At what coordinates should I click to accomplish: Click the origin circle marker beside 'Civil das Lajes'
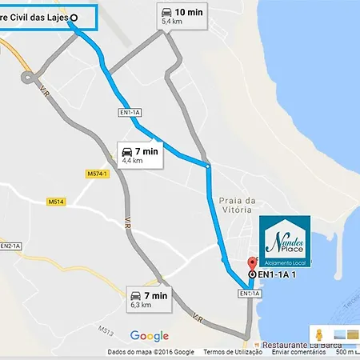pyautogui.click(x=74, y=17)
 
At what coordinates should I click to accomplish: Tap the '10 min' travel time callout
pyautogui.click(x=183, y=15)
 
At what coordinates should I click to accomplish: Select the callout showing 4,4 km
pyautogui.click(x=140, y=154)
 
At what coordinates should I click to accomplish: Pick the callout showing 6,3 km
pyautogui.click(x=150, y=299)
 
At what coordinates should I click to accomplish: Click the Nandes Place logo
pyautogui.click(x=286, y=241)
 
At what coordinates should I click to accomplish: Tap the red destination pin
pyautogui.click(x=254, y=262)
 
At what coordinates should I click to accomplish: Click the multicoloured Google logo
pyautogui.click(x=150, y=336)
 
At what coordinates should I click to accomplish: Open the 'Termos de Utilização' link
pyautogui.click(x=233, y=352)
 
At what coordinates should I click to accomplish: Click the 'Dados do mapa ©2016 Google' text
pyautogui.click(x=150, y=352)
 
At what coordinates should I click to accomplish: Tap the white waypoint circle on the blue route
pyautogui.click(x=208, y=166)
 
